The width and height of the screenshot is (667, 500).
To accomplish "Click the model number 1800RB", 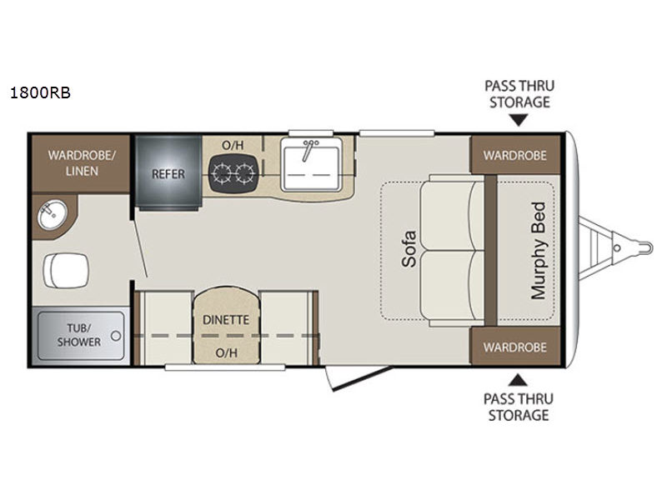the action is (40, 92).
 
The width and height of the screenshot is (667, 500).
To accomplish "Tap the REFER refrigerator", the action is (168, 172).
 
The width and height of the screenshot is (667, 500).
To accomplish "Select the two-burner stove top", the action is (233, 173).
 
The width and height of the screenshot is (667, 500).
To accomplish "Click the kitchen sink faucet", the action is (309, 150).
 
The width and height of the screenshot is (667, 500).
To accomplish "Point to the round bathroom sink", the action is (53, 215).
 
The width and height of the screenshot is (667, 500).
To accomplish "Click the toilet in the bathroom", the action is (66, 271).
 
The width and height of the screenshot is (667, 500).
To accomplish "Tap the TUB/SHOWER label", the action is (79, 335).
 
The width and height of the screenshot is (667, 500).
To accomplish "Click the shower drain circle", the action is (116, 336).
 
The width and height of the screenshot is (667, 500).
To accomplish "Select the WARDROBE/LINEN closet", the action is (81, 163).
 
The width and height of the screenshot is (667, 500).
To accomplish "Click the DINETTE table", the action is (226, 325).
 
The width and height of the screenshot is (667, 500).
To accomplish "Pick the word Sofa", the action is (409, 248).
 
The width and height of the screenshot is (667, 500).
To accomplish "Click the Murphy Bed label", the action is (538, 251).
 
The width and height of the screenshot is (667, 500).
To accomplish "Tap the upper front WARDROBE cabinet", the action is (514, 155).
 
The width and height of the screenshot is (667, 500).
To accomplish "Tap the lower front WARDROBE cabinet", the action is (514, 347).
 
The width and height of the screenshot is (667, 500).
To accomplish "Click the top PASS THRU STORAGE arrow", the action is (519, 120).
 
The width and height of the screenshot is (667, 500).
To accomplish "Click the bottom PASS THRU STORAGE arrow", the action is (517, 380).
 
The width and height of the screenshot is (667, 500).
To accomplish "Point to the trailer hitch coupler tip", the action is (649, 247).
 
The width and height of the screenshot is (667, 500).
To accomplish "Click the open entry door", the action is (359, 378).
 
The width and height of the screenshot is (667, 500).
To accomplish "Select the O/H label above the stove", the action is (233, 145).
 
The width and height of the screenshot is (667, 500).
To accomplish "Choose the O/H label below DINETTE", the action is (226, 352).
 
